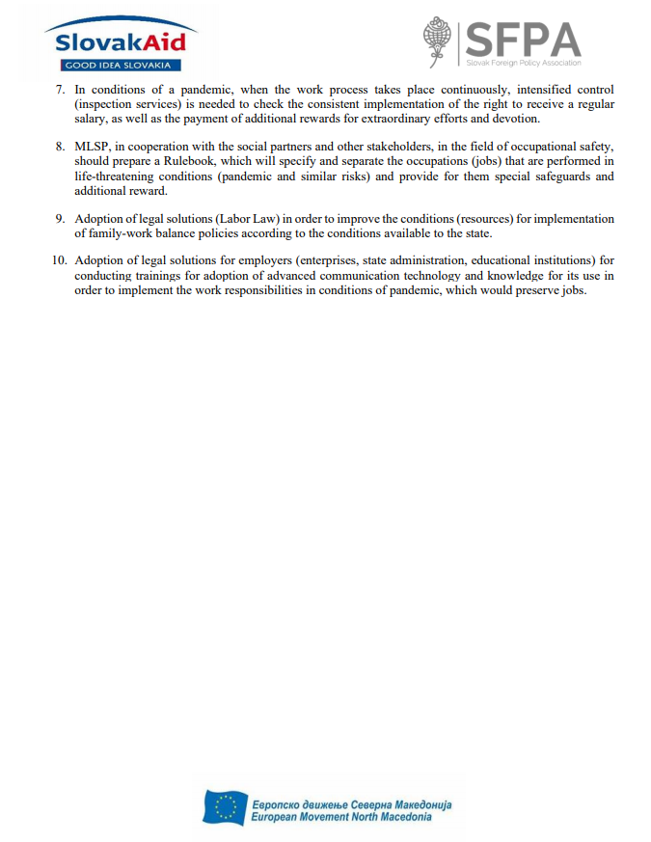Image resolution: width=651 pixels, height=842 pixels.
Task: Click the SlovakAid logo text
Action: (x=121, y=41)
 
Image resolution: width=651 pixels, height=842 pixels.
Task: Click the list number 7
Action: (x=60, y=91)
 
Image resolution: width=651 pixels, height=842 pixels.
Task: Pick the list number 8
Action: (x=60, y=147)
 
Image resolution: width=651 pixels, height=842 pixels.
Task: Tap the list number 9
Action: (x=60, y=219)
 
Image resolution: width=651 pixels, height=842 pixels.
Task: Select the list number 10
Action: (x=60, y=260)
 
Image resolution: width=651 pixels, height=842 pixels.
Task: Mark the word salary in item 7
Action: (x=91, y=119)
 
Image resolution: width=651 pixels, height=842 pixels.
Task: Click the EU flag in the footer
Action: (x=226, y=807)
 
